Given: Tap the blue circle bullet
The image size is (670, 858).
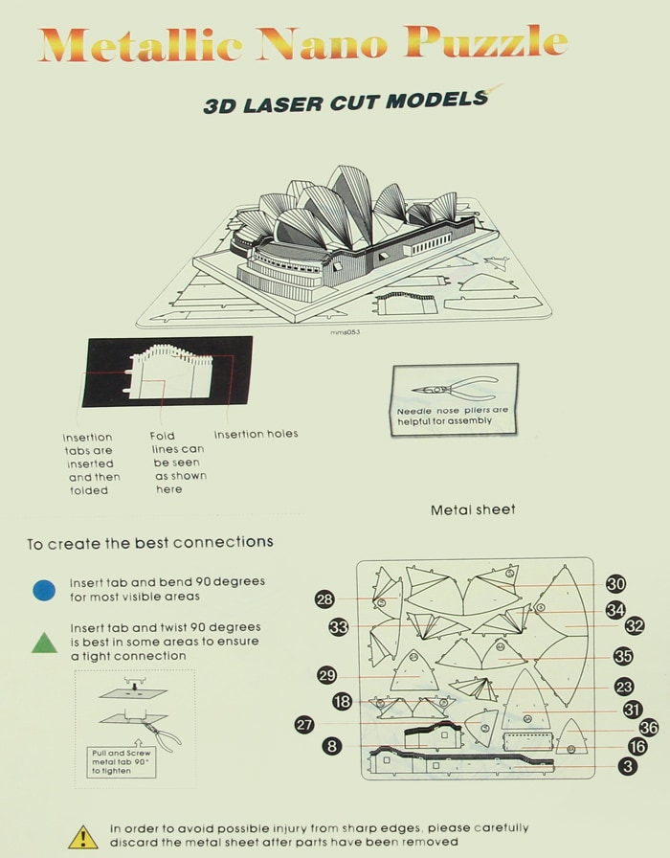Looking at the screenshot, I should pos(44,590).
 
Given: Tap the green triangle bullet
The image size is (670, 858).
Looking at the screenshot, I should pos(44,643).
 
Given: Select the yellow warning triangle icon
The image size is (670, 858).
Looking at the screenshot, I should pos(82,836).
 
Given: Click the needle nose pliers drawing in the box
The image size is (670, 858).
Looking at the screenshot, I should pos(454,389).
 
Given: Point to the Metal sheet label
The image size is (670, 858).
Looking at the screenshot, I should pos(473,509).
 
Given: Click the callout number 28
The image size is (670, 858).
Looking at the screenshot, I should pos(324,599).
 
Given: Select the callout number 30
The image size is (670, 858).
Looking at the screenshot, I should pos(615,584).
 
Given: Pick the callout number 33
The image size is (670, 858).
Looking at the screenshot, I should pos(338,627).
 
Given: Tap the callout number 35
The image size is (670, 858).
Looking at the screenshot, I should pos(623,657).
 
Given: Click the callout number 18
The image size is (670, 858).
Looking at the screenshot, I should pos(343,702).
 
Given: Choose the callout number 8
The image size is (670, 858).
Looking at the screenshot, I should pos(332,746).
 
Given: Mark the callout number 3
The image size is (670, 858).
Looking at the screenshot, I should pos(628,766).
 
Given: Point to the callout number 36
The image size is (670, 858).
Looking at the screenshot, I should pos(648,728).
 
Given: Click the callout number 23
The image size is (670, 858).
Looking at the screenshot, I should pos(624,687).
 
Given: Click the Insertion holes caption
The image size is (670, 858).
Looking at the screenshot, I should pos(256,434).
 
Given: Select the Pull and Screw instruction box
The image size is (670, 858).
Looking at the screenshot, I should pos(122,761).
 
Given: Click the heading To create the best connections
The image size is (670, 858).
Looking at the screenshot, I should pos(149,543).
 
